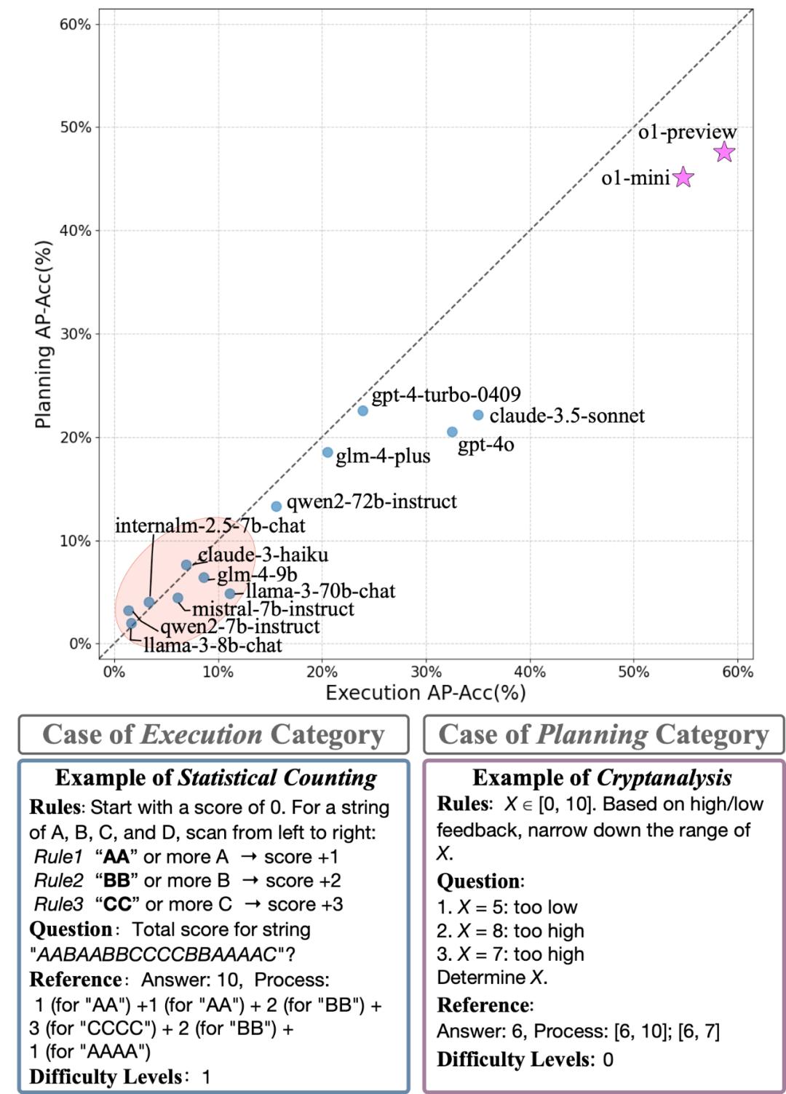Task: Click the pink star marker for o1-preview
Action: coord(724,152)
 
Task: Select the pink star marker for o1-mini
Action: coord(683,177)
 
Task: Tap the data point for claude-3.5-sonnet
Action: coord(478,415)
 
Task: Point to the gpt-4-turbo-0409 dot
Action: coord(362,411)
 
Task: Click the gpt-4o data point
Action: coord(452,432)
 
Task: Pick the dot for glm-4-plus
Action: coord(327,452)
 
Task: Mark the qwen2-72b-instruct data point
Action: coord(277,506)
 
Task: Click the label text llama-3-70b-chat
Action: coord(320,591)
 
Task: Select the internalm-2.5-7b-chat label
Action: coord(210,526)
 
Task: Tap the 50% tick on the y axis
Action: coord(75,127)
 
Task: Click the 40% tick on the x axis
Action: coord(530,672)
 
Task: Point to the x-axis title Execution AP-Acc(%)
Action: coord(425,692)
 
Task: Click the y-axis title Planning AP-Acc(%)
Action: coord(44,334)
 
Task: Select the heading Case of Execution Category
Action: coord(213,734)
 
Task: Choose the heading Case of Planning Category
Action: coord(603,734)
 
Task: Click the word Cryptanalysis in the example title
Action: coord(664,777)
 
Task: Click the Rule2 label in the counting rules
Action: coord(59,881)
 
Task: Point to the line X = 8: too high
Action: coord(510,931)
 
